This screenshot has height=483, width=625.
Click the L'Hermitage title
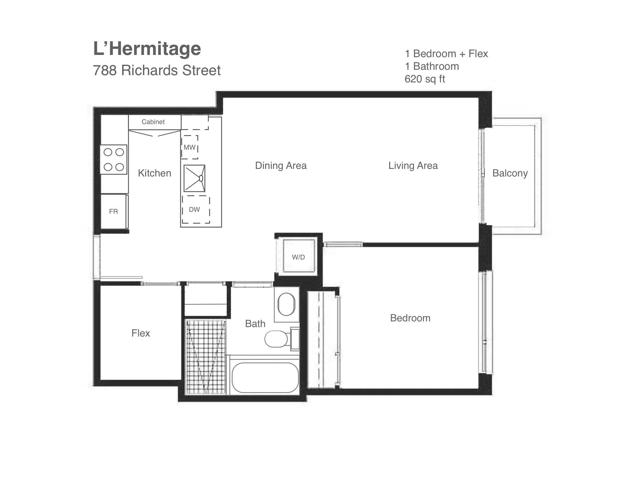pos(147,49)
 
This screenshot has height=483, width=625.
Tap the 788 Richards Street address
pos(157,70)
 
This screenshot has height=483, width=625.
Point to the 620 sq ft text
pos(425,79)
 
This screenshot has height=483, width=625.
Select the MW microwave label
pos(189,147)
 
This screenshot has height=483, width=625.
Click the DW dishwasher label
pos(194,210)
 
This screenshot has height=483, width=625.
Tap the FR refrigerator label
pos(113,212)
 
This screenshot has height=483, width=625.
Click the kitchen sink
pos(194,178)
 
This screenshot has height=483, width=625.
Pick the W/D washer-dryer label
pos(298,257)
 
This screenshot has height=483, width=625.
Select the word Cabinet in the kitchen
pos(153,122)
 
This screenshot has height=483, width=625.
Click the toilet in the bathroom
pos(281,339)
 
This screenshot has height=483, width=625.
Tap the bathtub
pos(265,377)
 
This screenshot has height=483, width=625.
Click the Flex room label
pos(140,333)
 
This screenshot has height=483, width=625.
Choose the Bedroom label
pos(410,318)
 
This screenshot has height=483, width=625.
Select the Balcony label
pos(510,173)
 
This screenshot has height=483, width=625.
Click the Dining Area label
pos(281,166)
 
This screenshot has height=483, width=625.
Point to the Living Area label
pos(413,166)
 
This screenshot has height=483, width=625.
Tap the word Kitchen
pos(154,173)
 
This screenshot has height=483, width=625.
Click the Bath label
pos(255,324)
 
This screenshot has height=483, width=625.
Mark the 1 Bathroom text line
pos(432,66)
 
